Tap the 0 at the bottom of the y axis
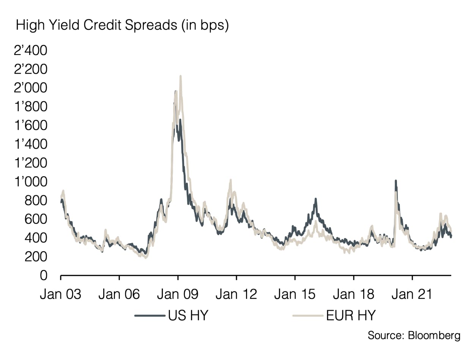pyautogui.click(x=44, y=275)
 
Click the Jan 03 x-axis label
pyautogui.click(x=61, y=294)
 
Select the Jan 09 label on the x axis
pyautogui.click(x=178, y=294)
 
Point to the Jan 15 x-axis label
pyautogui.click(x=295, y=294)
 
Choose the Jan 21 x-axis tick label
pyautogui.click(x=412, y=294)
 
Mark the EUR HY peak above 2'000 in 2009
pyautogui.click(x=181, y=76)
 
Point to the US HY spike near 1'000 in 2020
pyautogui.click(x=396, y=181)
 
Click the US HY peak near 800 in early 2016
pyautogui.click(x=315, y=199)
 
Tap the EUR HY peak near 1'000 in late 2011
pyautogui.click(x=230, y=180)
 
